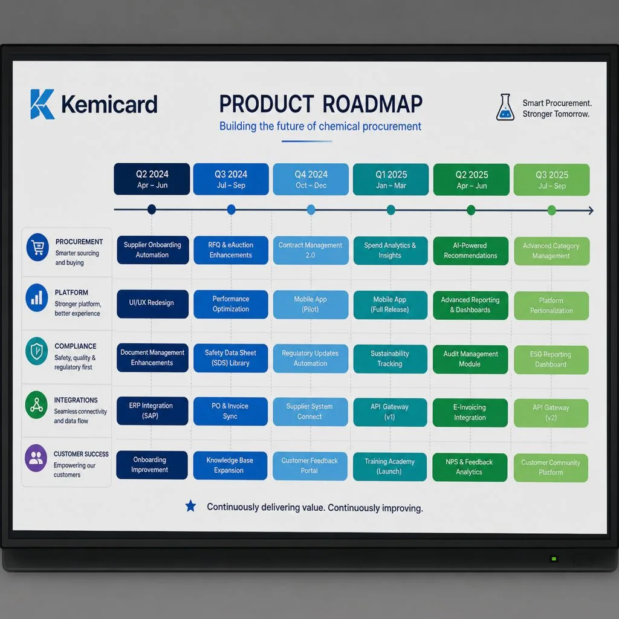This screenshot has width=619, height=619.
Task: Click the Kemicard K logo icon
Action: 42,104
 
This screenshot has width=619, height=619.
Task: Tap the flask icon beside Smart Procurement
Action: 505,107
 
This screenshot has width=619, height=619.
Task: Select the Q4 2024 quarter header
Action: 311,179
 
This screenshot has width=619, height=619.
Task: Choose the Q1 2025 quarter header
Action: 391,180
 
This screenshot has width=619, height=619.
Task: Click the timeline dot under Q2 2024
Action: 152,210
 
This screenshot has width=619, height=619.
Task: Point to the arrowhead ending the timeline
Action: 591,210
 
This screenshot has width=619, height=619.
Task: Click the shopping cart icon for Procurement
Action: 37,247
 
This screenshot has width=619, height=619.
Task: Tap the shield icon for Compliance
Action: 37,351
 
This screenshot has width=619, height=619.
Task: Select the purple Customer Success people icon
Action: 36,458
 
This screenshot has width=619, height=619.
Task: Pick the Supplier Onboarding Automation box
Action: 152,250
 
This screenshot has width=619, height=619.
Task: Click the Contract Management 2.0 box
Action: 310,250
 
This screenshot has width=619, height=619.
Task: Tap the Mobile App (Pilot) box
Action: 310,305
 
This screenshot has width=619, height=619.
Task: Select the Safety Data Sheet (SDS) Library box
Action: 230,358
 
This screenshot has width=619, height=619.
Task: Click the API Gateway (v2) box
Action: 551,413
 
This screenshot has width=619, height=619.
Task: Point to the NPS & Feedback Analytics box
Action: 469,467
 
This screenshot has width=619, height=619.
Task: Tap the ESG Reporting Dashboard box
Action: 551,360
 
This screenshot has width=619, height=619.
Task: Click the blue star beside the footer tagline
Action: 190,506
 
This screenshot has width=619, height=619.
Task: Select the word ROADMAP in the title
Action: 372,104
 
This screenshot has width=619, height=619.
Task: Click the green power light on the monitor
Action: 554,559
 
